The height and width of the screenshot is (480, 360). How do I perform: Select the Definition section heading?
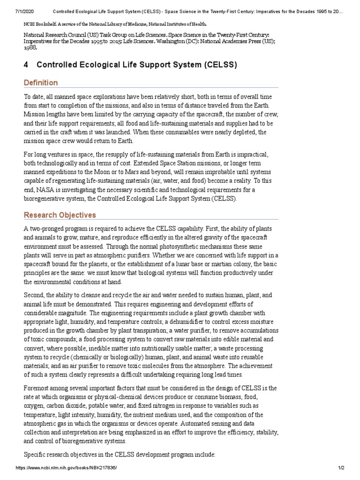[x=41, y=83]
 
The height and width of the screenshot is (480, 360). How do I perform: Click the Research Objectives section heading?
[x=60, y=215]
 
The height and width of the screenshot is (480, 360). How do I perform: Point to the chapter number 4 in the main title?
[x=26, y=65]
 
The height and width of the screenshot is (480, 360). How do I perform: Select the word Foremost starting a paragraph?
[x=38, y=388]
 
